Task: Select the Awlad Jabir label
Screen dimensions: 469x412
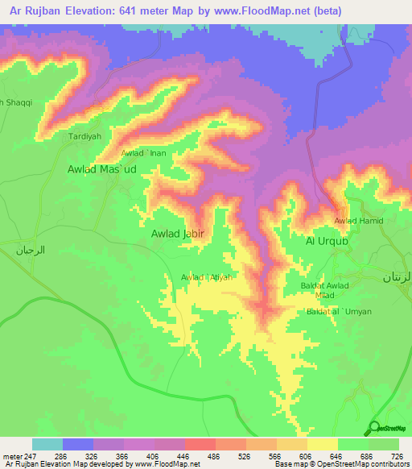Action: (x=178, y=234)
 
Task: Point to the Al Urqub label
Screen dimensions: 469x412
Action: (x=328, y=241)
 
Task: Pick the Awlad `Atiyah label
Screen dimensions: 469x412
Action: (x=207, y=278)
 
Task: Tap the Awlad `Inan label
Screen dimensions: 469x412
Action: (x=144, y=153)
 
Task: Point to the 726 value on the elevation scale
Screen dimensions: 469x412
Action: (x=396, y=456)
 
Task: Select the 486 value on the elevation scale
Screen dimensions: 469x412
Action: (x=212, y=456)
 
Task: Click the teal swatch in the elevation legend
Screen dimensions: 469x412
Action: (x=47, y=444)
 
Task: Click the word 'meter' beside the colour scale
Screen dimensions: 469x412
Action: (x=10, y=456)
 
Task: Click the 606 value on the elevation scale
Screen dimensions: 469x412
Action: (x=304, y=456)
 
